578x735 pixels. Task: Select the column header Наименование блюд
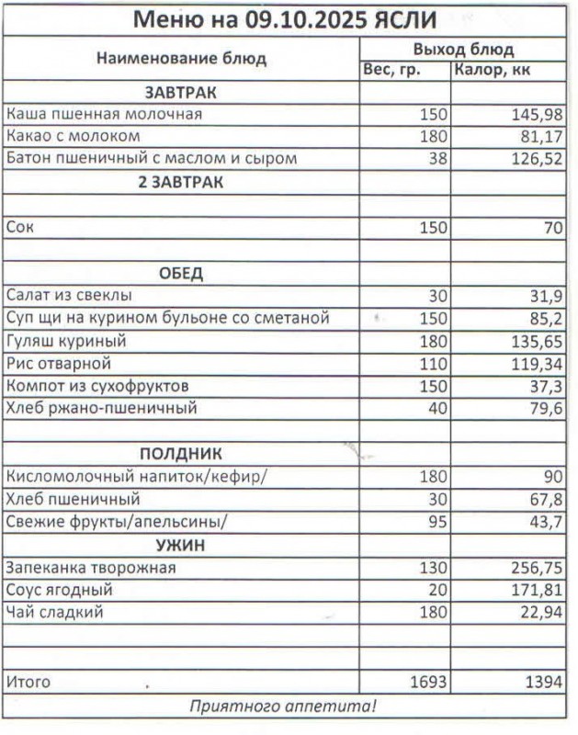(181, 59)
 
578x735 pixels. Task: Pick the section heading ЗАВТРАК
(180, 93)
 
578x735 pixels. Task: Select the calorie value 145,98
(538, 115)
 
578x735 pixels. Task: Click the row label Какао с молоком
(74, 137)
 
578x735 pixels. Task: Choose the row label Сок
(20, 227)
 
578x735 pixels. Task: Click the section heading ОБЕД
(180, 274)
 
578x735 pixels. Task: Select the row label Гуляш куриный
(66, 341)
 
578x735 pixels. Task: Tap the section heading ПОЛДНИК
(180, 454)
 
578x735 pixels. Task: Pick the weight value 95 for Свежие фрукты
(436, 522)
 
